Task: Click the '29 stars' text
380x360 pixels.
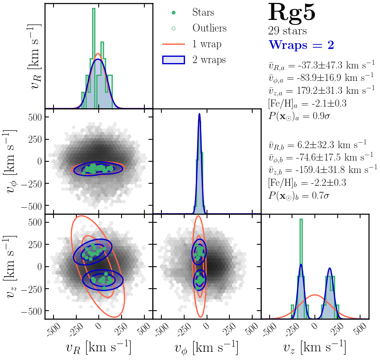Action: [287, 31]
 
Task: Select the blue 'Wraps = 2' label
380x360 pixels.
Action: [301, 45]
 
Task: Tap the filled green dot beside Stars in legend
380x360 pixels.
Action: [173, 12]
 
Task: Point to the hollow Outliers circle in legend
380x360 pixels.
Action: [173, 28]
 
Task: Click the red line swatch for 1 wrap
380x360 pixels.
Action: [173, 44]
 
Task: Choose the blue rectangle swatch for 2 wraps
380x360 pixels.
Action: [173, 60]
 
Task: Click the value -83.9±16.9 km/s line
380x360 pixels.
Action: [321, 78]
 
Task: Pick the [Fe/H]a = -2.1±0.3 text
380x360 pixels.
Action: [307, 104]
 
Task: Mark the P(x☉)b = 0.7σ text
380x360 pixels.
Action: [299, 195]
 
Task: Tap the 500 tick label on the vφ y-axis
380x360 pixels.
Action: [35, 117]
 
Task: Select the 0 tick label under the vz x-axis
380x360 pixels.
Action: [314, 326]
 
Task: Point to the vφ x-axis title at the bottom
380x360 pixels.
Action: [206, 348]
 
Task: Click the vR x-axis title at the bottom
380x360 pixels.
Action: [98, 348]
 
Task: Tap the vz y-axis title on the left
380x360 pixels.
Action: [10, 267]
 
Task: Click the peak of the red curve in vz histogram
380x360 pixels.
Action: [315, 295]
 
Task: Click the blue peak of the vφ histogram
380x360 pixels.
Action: [200, 114]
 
